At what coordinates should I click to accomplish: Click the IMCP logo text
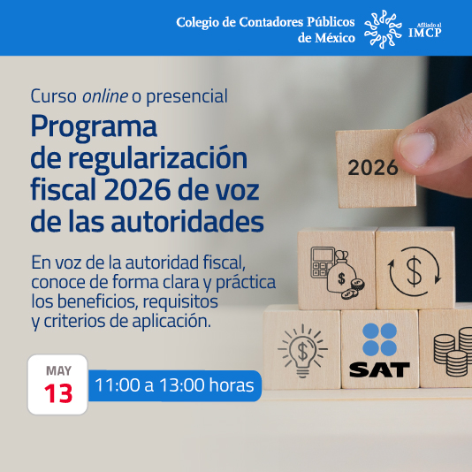click(425, 32)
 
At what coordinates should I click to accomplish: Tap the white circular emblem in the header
click(385, 28)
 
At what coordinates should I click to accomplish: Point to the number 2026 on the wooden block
click(373, 167)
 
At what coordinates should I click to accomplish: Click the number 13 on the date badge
click(58, 393)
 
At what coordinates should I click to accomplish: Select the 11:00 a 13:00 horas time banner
click(174, 385)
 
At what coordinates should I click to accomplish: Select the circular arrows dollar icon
click(414, 269)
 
